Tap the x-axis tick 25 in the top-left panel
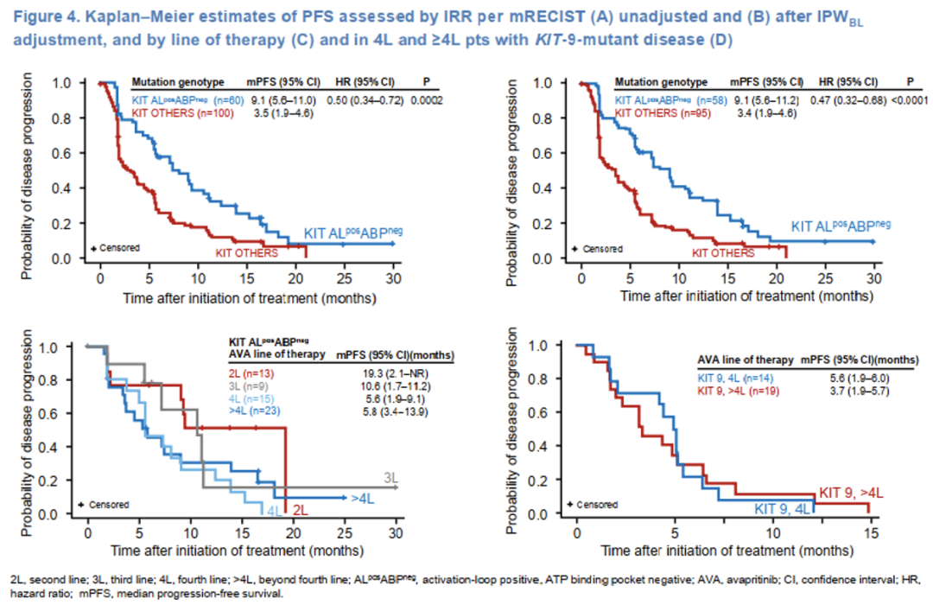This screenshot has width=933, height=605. pos(344,280)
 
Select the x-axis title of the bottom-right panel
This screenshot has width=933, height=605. pos(723,550)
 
